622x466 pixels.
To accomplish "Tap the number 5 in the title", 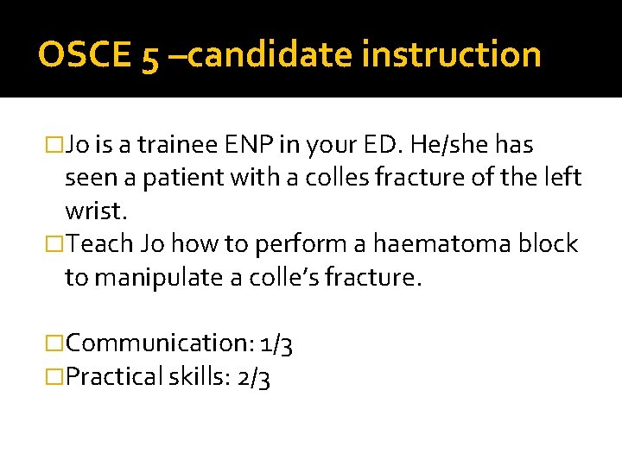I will click(147, 57).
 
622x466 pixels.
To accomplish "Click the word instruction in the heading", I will click(452, 55).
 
